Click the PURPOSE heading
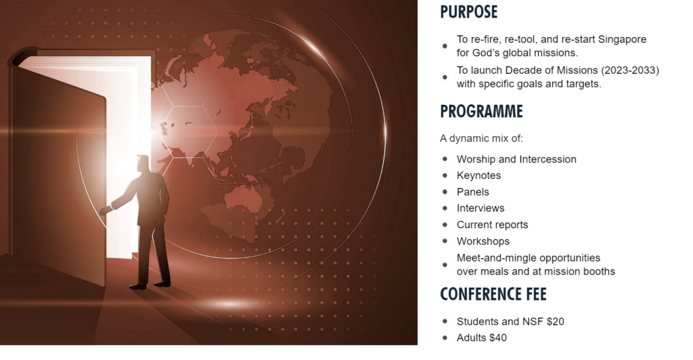coord(468,12)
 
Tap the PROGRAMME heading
coord(481,111)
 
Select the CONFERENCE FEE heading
coord(493,294)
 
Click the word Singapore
coord(622,39)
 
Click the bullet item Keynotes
coord(478,175)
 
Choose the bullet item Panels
coord(472,192)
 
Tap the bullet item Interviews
coord(480,208)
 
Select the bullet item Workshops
coord(483,241)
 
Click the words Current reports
coord(493,225)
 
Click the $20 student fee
coord(556,321)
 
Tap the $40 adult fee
coord(498,338)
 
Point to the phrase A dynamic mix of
coord(481,138)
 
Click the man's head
coord(142,164)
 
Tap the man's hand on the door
coord(104,211)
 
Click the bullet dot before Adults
coord(445,338)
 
